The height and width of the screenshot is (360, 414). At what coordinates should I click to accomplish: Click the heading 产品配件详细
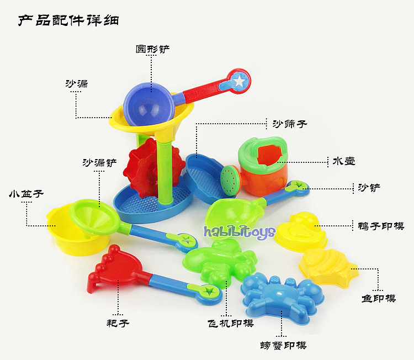click(x=68, y=21)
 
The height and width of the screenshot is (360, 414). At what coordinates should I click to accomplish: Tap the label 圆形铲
click(x=152, y=49)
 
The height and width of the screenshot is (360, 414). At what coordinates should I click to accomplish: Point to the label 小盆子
click(x=26, y=194)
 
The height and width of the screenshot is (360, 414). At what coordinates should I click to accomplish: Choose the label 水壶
click(x=343, y=161)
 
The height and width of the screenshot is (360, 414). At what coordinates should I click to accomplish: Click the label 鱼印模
click(x=379, y=298)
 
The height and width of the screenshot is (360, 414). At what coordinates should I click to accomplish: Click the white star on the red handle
click(x=239, y=81)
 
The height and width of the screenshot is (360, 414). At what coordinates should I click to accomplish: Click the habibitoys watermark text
click(x=239, y=231)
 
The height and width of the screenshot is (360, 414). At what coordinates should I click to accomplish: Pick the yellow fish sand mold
click(x=327, y=267)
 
